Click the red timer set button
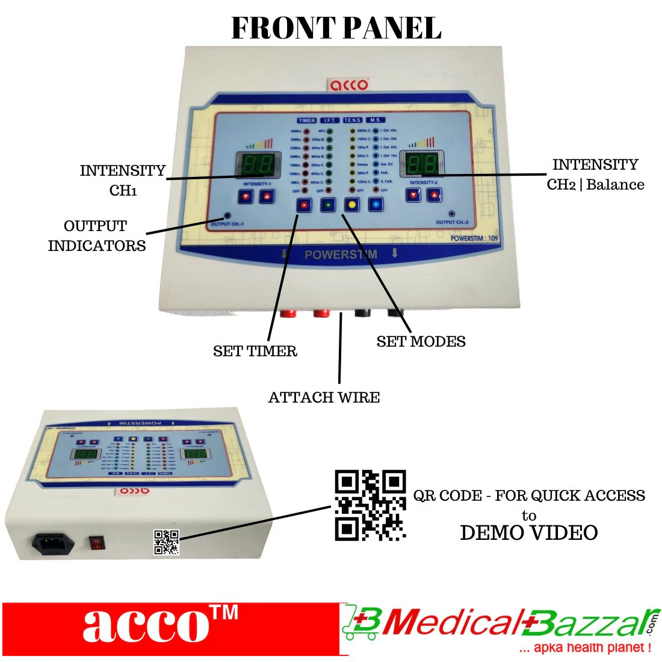coord(304,205)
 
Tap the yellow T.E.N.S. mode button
coord(352,205)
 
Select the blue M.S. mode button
coord(376,205)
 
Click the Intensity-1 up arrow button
coord(267,196)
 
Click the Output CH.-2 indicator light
coord(451,214)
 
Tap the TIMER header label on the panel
coord(306,120)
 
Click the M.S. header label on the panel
coord(376,120)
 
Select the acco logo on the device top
coord(348,84)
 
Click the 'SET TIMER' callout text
coord(255,351)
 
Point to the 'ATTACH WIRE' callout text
coord(324,397)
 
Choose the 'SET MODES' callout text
coord(421,341)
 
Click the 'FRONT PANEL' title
coord(336,28)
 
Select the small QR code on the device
coord(167,542)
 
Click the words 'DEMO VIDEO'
coord(528,533)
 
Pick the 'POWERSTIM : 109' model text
coord(474,238)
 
